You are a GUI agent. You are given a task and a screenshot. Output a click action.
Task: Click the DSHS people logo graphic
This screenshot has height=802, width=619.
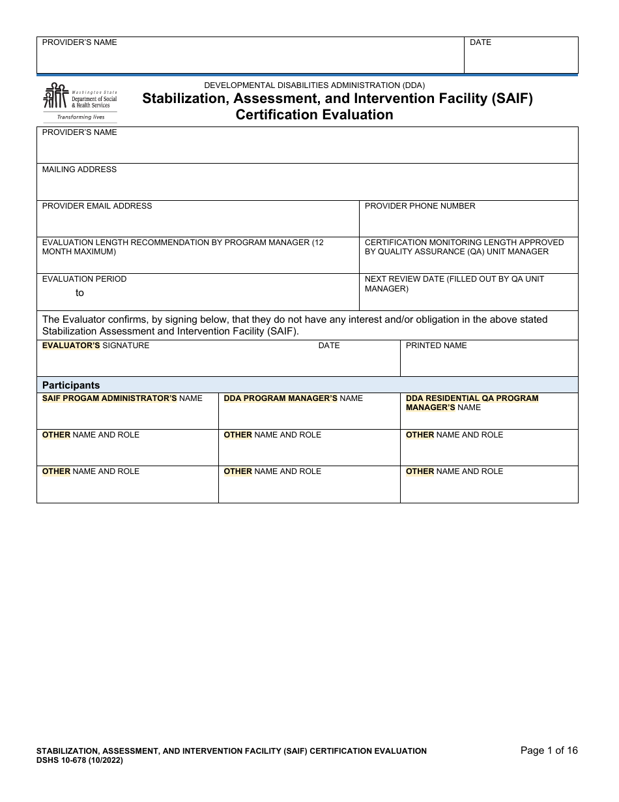point(55,96)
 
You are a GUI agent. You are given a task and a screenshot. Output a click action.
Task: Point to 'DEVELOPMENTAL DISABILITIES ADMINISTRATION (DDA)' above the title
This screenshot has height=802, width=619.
point(314,85)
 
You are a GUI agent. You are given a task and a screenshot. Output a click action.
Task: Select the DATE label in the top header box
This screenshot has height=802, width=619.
point(480,42)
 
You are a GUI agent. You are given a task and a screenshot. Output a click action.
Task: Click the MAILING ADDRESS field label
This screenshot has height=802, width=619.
point(79,170)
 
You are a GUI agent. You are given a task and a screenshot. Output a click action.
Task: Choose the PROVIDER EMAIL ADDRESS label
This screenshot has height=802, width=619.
point(97,206)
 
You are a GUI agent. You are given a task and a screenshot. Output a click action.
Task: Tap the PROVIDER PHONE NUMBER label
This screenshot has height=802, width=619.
point(420,206)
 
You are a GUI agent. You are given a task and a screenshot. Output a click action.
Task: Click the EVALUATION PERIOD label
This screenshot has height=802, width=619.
point(85,279)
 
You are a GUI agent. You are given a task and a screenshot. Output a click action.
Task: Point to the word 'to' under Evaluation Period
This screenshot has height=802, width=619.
point(79,293)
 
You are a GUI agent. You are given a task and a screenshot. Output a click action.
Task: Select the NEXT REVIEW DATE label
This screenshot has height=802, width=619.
point(454,284)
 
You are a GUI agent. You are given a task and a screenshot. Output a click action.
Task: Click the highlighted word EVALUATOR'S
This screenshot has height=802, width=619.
point(71,346)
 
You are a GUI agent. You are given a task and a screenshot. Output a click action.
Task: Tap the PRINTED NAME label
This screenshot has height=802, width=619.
point(436,346)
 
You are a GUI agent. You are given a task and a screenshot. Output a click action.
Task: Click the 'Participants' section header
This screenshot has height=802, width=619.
point(71,385)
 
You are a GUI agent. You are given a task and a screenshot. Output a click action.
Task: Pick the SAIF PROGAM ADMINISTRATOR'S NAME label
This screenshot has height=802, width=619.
point(122,398)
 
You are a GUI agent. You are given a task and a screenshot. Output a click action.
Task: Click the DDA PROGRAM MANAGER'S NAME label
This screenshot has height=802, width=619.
point(293,398)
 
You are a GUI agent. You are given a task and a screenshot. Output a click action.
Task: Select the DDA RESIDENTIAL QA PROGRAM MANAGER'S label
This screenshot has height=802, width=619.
point(472,403)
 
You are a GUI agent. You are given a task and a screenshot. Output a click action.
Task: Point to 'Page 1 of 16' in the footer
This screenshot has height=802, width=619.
point(549,750)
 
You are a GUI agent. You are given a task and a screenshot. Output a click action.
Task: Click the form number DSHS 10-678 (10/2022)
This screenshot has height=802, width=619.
point(79,760)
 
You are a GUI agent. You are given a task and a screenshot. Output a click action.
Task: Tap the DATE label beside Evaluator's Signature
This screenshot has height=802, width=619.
point(329,346)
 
